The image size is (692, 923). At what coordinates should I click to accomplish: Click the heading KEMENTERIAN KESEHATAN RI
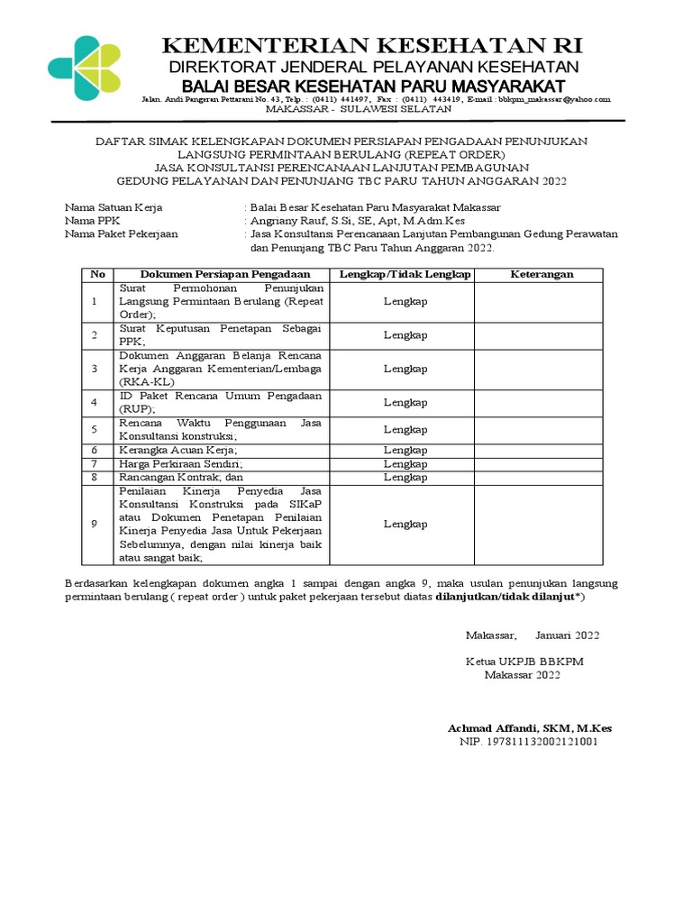371,46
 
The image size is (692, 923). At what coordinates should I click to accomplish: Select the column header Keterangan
542,274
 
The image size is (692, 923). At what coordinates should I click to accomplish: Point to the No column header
97,274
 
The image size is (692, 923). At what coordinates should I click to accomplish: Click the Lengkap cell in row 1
405,301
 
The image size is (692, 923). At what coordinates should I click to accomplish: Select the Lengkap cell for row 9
405,524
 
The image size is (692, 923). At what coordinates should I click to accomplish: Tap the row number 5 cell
94,430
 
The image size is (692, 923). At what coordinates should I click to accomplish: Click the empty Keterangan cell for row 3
542,369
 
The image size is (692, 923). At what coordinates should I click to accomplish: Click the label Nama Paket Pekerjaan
122,233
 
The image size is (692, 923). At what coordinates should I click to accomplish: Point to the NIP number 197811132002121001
528,741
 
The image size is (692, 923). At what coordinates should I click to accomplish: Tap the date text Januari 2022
567,635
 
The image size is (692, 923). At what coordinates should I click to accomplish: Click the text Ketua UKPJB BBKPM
524,662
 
